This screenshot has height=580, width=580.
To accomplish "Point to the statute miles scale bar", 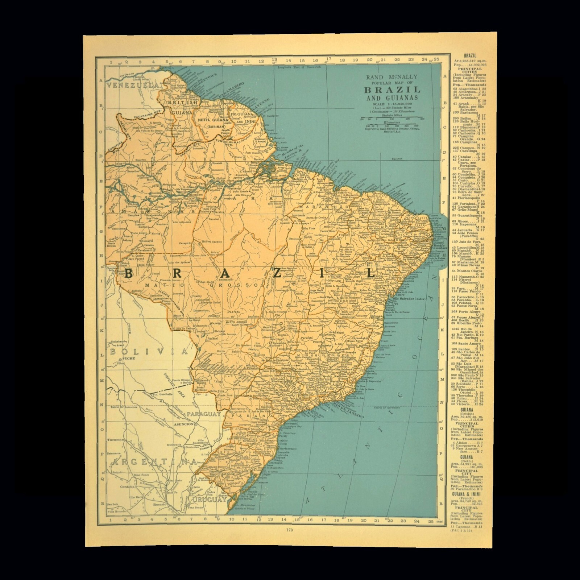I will tap(391, 118).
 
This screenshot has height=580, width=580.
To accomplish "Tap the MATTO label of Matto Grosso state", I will tap(157, 285).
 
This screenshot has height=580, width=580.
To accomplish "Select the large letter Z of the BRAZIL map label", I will tap(287, 274).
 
